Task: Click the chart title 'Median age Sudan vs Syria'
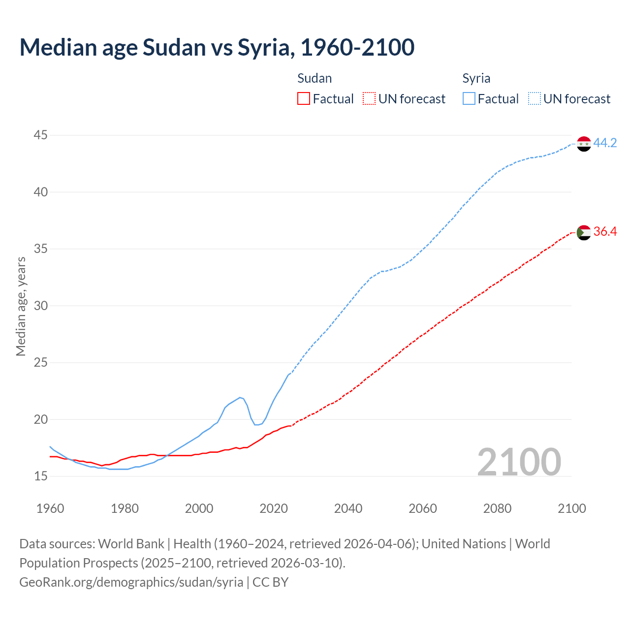217,47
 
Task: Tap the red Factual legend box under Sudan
304,99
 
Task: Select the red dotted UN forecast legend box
369,99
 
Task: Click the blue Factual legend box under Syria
469,99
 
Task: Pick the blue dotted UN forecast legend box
535,99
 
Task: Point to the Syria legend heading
476,78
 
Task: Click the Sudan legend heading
315,78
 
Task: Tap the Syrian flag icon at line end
583,144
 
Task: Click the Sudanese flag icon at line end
583,232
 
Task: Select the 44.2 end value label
605,143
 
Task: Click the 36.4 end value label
605,232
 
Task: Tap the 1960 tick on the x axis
50,508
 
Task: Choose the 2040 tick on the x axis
348,508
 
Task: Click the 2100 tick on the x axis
571,508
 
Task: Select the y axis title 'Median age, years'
21,306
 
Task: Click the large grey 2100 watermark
519,462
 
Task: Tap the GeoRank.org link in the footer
131,582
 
